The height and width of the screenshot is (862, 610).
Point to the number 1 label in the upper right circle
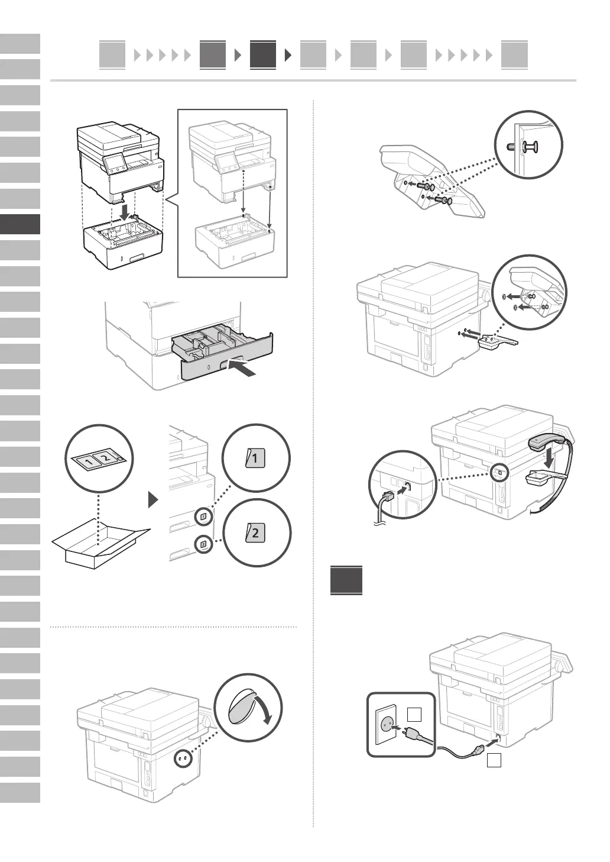pyautogui.click(x=255, y=458)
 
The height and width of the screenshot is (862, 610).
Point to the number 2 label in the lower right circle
pyautogui.click(x=255, y=532)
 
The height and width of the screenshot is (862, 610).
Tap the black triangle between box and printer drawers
pyautogui.click(x=154, y=501)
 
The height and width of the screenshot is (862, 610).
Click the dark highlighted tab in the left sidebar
pyautogui.click(x=20, y=224)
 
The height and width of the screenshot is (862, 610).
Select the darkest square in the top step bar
pyautogui.click(x=262, y=55)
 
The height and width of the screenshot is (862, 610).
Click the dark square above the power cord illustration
pyautogui.click(x=346, y=580)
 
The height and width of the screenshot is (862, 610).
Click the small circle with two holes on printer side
pyautogui.click(x=183, y=758)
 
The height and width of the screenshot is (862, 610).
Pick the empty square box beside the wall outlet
pyautogui.click(x=415, y=715)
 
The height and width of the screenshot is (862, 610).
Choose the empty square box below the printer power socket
pyautogui.click(x=494, y=761)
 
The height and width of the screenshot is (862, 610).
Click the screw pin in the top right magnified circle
pyautogui.click(x=527, y=147)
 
